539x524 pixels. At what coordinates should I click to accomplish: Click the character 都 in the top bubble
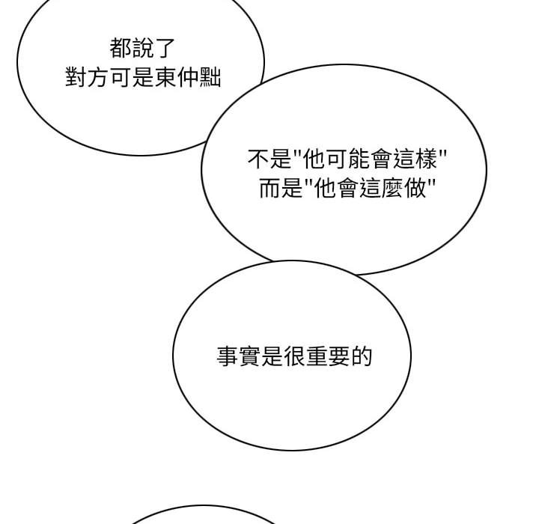point(121,48)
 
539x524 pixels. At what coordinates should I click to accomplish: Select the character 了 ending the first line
point(164,48)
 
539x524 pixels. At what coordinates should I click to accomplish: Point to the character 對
point(76,77)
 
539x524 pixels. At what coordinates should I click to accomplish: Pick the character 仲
point(188,77)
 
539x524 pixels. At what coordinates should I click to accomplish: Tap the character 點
point(210,77)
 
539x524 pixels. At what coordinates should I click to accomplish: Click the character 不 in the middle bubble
point(258,159)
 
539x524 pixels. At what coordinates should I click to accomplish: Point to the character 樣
point(426,159)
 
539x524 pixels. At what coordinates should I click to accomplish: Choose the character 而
point(269,188)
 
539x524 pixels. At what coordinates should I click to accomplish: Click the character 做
point(415,188)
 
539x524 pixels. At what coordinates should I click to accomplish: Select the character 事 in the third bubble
point(228,356)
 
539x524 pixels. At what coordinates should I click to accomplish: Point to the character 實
point(249,356)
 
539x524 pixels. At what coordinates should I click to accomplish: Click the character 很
point(294,356)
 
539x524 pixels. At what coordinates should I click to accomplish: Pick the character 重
point(317,356)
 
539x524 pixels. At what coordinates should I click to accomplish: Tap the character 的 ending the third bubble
point(362,356)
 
